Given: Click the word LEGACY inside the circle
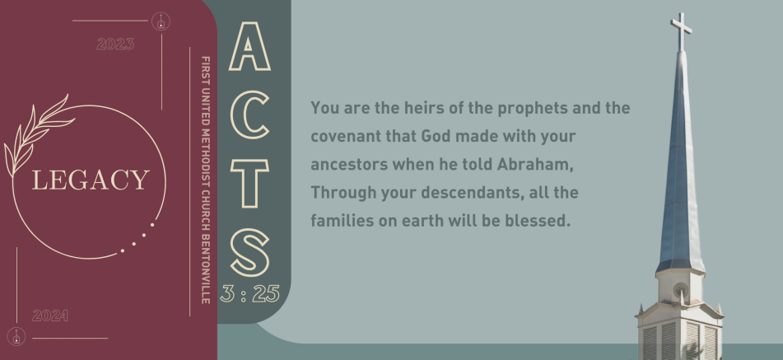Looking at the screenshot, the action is pyautogui.click(x=91, y=180).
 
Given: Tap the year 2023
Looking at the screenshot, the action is pyautogui.click(x=115, y=44).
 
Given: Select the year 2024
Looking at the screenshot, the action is pyautogui.click(x=50, y=316).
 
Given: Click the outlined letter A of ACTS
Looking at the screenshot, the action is pyautogui.click(x=249, y=46).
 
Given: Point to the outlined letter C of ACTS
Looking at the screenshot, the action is pyautogui.click(x=249, y=115).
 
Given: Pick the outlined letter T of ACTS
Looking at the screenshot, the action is pyautogui.click(x=249, y=183).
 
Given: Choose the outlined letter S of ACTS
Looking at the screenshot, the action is pyautogui.click(x=249, y=253).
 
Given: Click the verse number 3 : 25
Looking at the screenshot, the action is pyautogui.click(x=249, y=293).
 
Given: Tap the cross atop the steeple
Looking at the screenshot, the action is pyautogui.click(x=681, y=31).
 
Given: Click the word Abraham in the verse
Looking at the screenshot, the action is pyautogui.click(x=535, y=164).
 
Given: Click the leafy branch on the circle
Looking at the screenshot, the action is pyautogui.click(x=39, y=135).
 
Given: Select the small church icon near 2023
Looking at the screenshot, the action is pyautogui.click(x=161, y=21).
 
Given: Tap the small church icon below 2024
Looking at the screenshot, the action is pyautogui.click(x=16, y=337).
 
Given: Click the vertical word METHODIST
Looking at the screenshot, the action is pyautogui.click(x=205, y=157).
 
